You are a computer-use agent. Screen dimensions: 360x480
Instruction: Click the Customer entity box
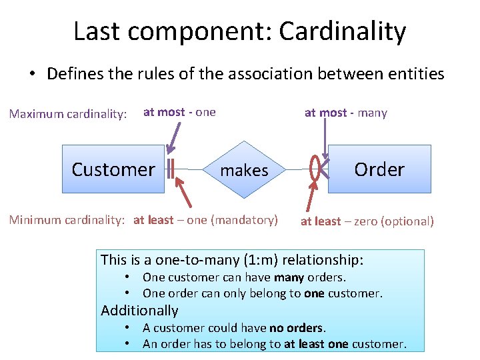113,169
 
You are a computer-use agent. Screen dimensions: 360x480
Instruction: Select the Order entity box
379,169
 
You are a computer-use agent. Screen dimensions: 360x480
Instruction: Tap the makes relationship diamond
244,170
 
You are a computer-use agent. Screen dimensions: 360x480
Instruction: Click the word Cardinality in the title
343,31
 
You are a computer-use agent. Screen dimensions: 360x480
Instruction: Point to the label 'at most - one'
179,112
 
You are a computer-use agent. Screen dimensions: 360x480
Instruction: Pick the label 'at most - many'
345,113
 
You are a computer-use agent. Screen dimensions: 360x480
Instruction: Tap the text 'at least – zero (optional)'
367,221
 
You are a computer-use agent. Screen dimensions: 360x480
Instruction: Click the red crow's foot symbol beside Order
319,169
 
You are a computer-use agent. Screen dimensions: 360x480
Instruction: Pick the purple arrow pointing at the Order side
325,143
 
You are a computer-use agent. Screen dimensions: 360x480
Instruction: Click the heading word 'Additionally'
139,310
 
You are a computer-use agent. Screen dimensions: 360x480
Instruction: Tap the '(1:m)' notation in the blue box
241,259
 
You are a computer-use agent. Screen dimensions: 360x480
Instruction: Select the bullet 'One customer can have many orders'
244,277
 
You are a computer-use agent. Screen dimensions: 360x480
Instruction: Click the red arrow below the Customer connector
187,193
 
